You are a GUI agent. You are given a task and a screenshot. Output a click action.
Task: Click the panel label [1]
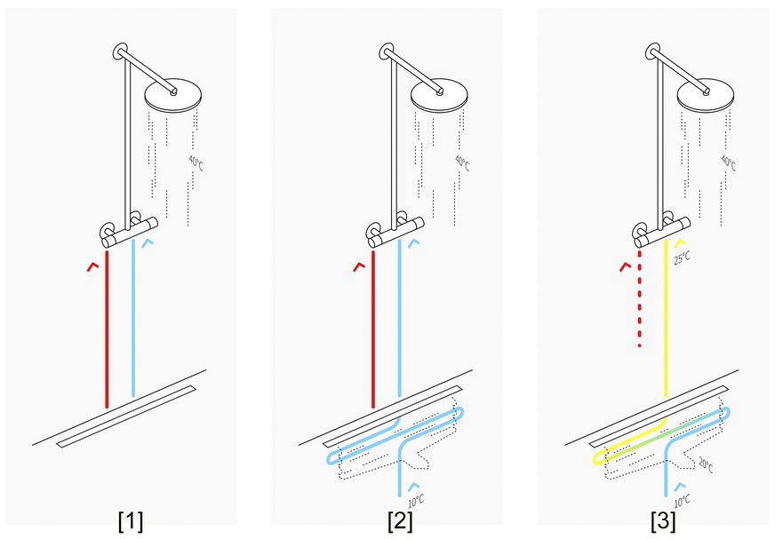131,520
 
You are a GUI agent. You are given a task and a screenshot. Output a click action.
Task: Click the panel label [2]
399,520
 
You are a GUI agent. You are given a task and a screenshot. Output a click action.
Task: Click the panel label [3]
664,520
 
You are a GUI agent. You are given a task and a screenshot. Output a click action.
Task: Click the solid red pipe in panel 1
107,329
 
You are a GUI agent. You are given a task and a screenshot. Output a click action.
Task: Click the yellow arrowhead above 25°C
681,242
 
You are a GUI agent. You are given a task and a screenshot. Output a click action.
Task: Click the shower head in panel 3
706,92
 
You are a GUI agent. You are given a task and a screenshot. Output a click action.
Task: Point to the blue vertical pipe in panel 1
132,320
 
